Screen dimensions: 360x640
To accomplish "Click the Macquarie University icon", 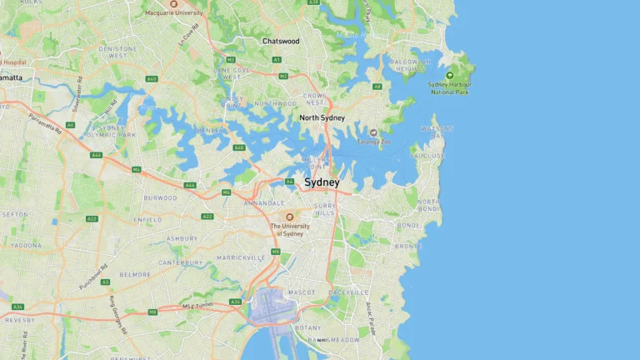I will pyautogui.click(x=173, y=4).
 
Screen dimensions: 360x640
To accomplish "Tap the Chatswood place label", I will pyautogui.click(x=281, y=41).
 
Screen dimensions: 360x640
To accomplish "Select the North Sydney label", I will pyautogui.click(x=322, y=117).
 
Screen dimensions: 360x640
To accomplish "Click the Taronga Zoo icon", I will pyautogui.click(x=373, y=132).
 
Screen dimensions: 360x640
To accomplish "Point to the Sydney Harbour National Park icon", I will pyautogui.click(x=450, y=76).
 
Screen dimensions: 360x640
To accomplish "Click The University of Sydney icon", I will pyautogui.click(x=289, y=217).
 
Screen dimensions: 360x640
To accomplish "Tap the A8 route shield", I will pyautogui.click(x=377, y=86).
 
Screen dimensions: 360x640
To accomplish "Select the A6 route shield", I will pyautogui.click(x=71, y=125).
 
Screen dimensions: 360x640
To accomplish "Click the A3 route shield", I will pyautogui.click(x=105, y=282).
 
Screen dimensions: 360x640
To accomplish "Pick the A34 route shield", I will pyautogui.click(x=17, y=307).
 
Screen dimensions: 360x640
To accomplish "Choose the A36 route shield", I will pyautogui.click(x=236, y=302).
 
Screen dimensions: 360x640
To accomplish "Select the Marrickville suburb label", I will pyautogui.click(x=241, y=258).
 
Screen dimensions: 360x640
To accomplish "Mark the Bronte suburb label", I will pyautogui.click(x=408, y=247).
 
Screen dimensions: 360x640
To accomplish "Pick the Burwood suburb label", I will pyautogui.click(x=160, y=198).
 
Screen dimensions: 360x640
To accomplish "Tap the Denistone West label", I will pyautogui.click(x=117, y=52).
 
